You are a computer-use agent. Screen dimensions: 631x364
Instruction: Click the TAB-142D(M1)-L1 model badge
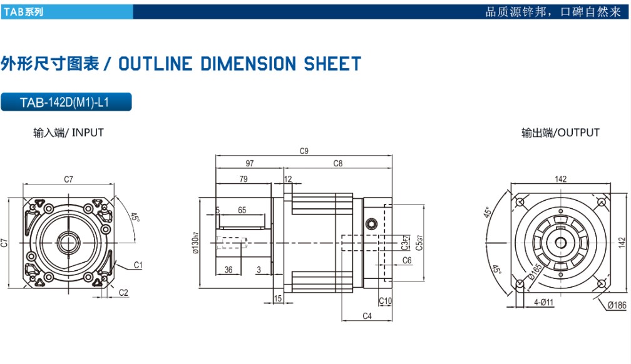(x=66, y=102)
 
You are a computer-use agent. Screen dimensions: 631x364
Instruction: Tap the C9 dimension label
(x=304, y=151)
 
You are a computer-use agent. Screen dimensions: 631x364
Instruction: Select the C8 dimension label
(x=337, y=163)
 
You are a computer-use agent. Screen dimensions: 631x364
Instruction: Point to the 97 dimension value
(x=250, y=163)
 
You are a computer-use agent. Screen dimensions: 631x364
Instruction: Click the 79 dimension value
(x=244, y=179)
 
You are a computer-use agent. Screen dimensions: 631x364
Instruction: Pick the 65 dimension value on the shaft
(x=242, y=210)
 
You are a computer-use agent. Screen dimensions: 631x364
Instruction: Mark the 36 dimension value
(x=228, y=270)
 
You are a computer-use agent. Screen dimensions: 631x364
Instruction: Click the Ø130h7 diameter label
(x=195, y=243)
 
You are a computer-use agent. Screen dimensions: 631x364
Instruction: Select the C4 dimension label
(x=367, y=316)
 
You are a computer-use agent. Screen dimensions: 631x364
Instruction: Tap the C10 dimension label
(x=385, y=301)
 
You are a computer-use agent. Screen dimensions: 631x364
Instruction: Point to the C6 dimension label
(x=407, y=260)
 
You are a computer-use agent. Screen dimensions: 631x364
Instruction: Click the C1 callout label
(x=138, y=265)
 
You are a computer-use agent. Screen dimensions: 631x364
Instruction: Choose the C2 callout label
(x=123, y=293)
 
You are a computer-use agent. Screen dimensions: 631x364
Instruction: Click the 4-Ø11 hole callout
(x=543, y=301)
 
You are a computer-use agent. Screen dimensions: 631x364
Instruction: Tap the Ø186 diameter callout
(x=617, y=305)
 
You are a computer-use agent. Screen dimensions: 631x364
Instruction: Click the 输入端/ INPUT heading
(x=68, y=133)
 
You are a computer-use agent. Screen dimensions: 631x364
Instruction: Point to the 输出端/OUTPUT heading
(x=560, y=133)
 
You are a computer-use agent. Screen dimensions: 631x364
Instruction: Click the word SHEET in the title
(x=332, y=64)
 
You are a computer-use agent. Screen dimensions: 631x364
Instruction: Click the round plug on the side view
(x=371, y=224)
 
